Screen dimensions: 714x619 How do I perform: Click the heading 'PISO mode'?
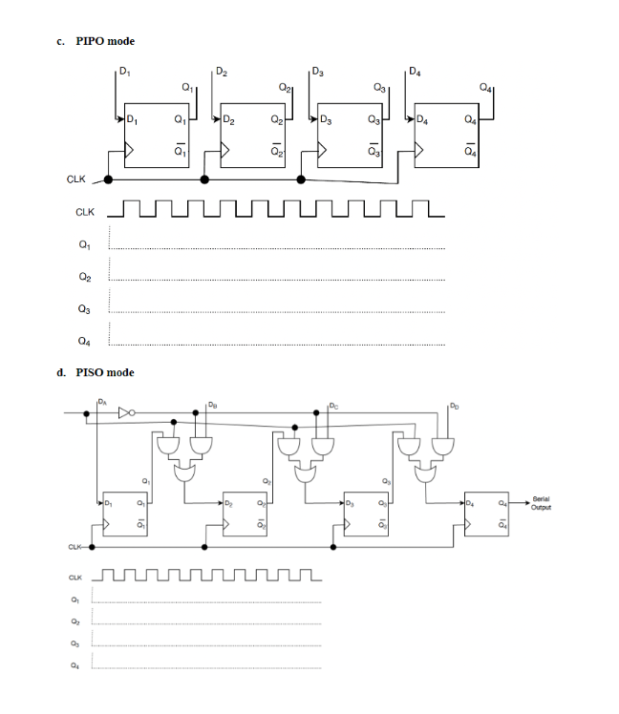(105, 372)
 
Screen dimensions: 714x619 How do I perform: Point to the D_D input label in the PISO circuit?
(454, 404)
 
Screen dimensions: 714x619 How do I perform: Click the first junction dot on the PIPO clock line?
(108, 178)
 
